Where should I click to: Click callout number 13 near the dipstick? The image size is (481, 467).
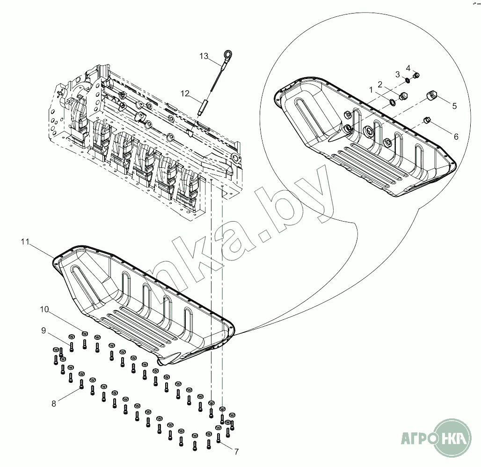click(204, 56)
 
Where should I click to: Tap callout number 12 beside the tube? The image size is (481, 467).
click(185, 93)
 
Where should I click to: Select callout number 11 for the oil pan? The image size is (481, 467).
click(25, 242)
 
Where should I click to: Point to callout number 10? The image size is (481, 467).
click(44, 309)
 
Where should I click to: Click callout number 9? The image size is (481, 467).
click(44, 330)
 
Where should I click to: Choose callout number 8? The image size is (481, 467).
click(54, 403)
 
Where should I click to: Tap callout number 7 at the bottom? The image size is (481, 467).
click(236, 452)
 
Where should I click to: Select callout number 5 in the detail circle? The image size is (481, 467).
click(454, 106)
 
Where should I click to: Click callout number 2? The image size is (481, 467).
click(380, 84)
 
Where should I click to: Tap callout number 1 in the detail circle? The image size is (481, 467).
click(371, 89)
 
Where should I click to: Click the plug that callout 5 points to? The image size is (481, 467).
click(432, 96)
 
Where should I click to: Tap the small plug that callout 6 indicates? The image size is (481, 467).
click(427, 121)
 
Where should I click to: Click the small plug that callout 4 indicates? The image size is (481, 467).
click(417, 75)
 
